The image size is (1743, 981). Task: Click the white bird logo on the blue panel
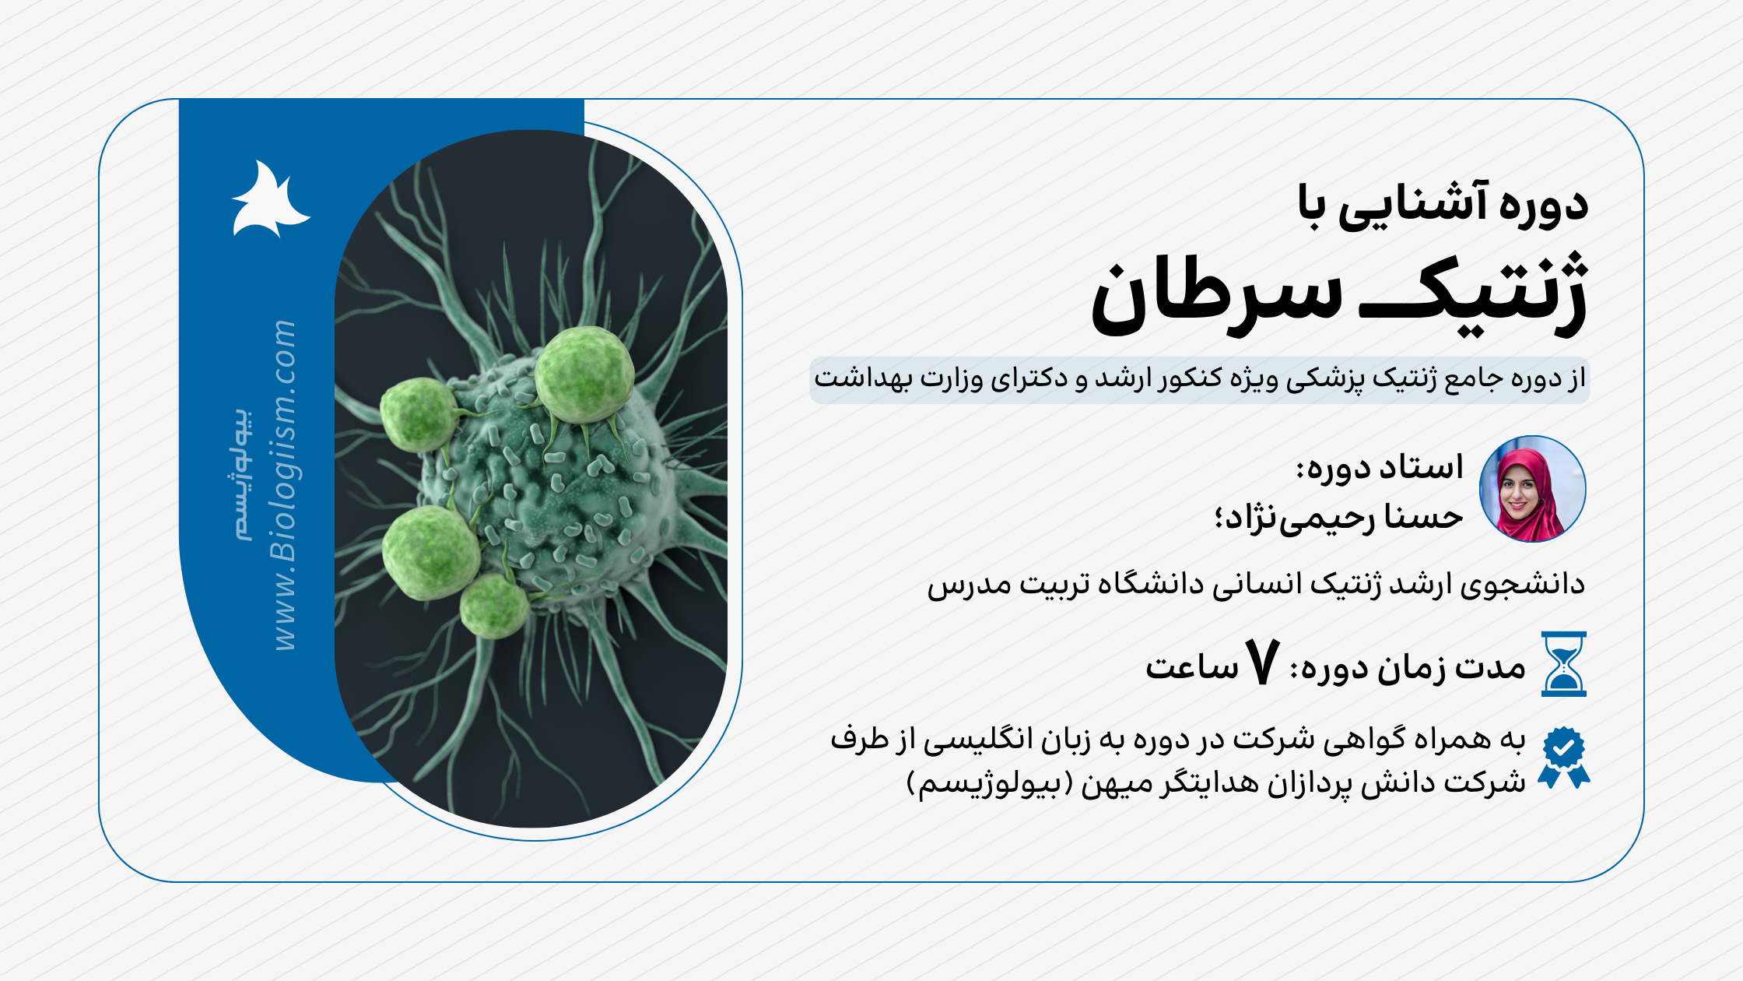(x=268, y=200)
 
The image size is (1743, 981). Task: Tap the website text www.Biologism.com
(x=284, y=484)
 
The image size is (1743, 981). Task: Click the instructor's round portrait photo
(x=1532, y=489)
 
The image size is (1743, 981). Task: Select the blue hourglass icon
(x=1563, y=664)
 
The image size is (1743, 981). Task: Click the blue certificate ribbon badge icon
(x=1563, y=757)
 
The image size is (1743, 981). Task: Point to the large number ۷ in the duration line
(x=1261, y=663)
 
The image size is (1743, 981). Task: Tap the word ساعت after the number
(x=1191, y=667)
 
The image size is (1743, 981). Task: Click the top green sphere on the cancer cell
(x=584, y=375)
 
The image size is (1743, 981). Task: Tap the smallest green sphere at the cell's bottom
(x=494, y=607)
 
